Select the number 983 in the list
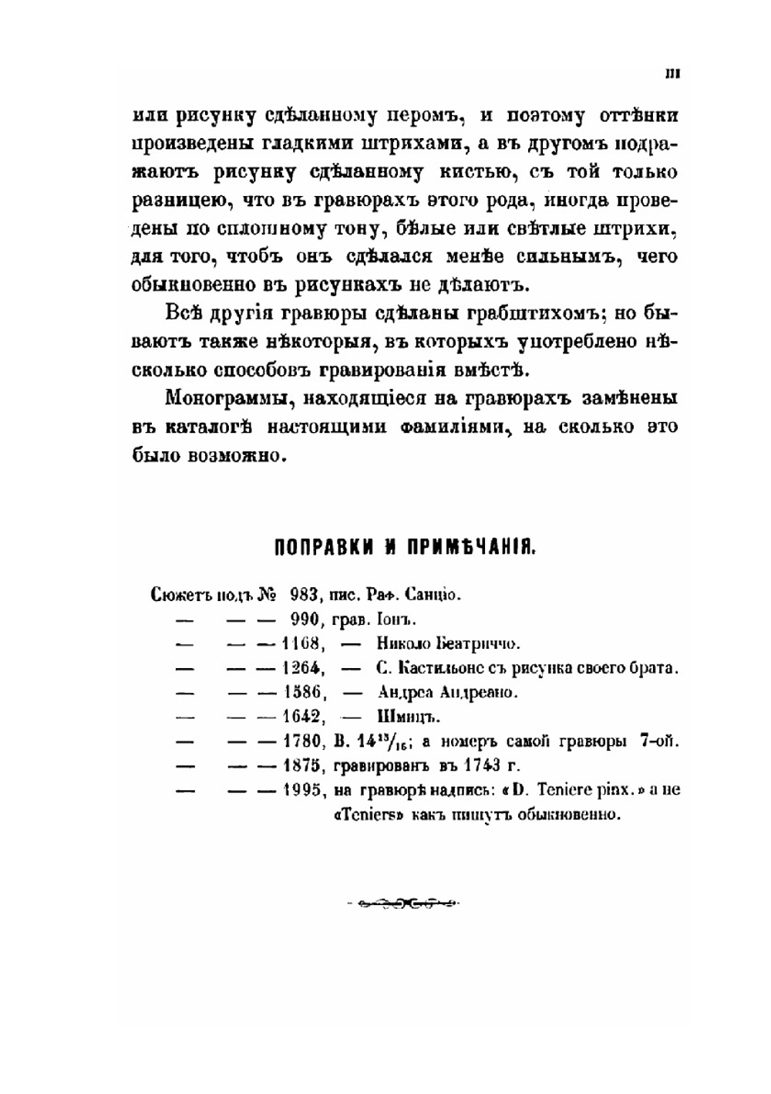pyautogui.click(x=304, y=595)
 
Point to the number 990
pyautogui.click(x=304, y=620)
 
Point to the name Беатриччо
pyautogui.click(x=479, y=643)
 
